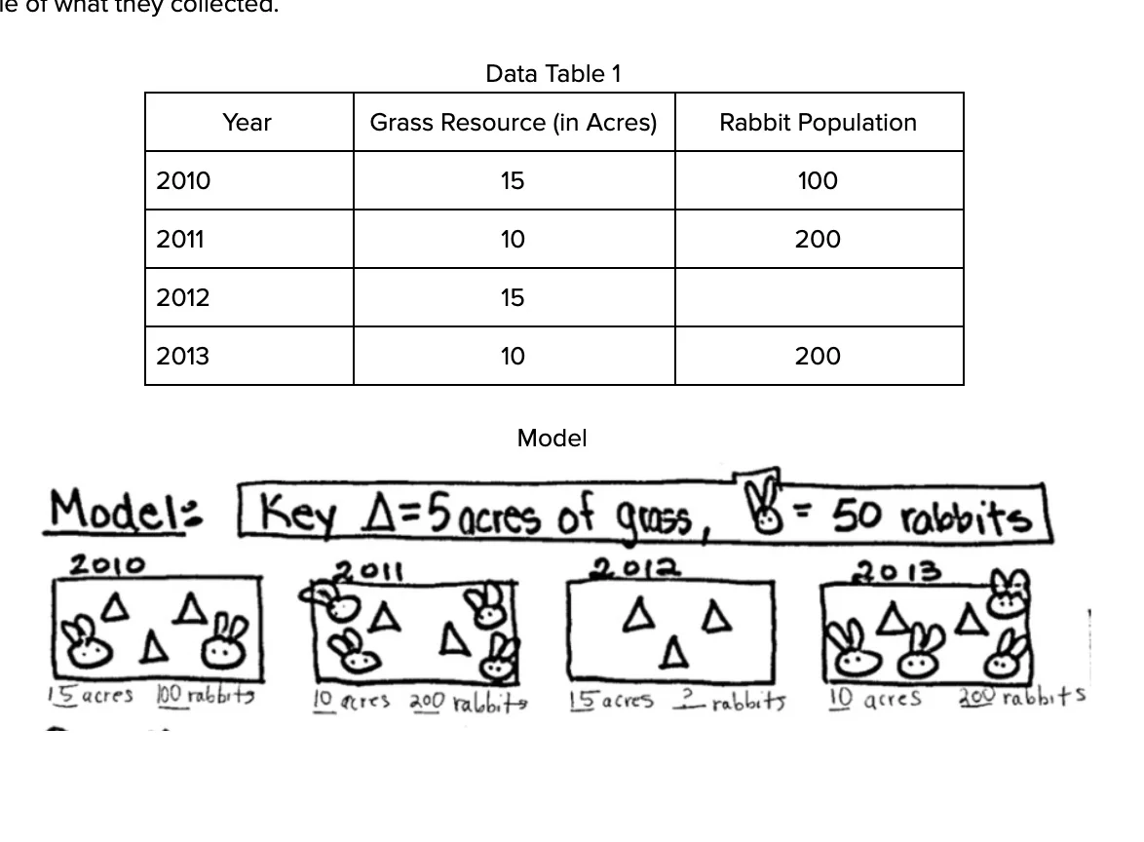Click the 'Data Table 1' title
[x=553, y=74]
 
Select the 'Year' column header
[x=247, y=123]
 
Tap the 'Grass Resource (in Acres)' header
[x=514, y=123]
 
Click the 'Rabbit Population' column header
[x=818, y=123]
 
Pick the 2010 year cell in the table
[x=183, y=181]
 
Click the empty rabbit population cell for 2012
[x=819, y=297]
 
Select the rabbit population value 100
[x=817, y=181]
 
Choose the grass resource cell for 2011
[x=513, y=240]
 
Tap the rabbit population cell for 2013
[x=817, y=357]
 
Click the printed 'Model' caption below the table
[x=552, y=439]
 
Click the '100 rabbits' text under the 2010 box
[x=205, y=696]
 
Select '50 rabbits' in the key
[x=931, y=517]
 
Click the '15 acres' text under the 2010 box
[x=90, y=696]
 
